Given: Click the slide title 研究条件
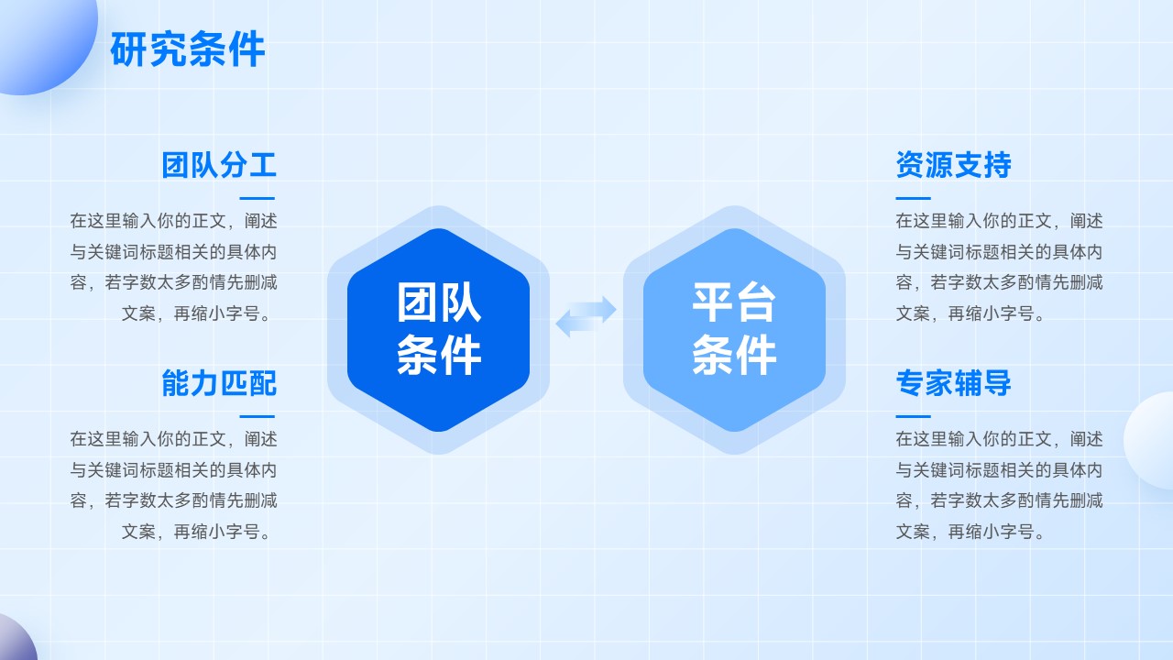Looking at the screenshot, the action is tap(188, 49).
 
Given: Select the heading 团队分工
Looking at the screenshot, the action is tap(219, 165).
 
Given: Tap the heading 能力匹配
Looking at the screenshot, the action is tap(219, 383).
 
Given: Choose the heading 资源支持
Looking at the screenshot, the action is tap(954, 165).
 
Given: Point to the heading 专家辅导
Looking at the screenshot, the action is tap(954, 383).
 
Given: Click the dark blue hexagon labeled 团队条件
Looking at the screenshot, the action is tap(438, 330).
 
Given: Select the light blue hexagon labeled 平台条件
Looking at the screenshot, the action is tap(734, 330).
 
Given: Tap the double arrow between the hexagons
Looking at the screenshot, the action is tap(586, 316).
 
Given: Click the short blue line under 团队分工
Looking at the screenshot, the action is tap(258, 199).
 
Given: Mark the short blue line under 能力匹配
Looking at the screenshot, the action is tap(258, 416).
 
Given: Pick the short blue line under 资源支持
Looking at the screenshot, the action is tap(914, 199).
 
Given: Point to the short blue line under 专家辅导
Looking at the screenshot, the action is tap(914, 416).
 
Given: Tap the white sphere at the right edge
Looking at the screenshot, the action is tap(1149, 441).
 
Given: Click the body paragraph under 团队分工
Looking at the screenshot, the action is tap(173, 267).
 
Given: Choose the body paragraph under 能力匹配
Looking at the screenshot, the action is tap(173, 485).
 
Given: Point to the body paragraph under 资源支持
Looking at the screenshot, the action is tap(999, 267).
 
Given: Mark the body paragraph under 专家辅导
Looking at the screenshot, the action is tap(999, 485).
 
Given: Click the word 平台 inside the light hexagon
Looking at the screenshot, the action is tap(734, 302).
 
